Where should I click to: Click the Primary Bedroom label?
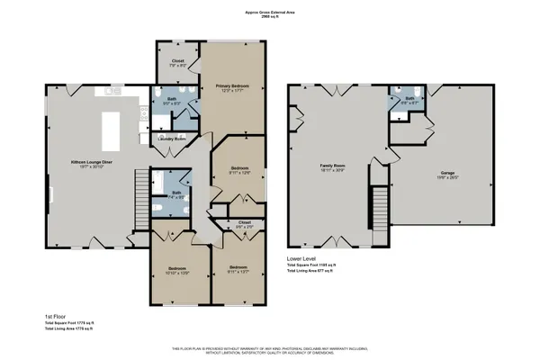(232, 85)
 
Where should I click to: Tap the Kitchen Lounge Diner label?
(91, 163)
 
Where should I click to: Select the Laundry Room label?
(172, 139)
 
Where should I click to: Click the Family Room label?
(333, 166)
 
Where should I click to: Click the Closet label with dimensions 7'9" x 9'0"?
(178, 62)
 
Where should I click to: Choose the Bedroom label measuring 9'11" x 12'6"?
(238, 168)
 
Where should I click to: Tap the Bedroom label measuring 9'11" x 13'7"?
(238, 268)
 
